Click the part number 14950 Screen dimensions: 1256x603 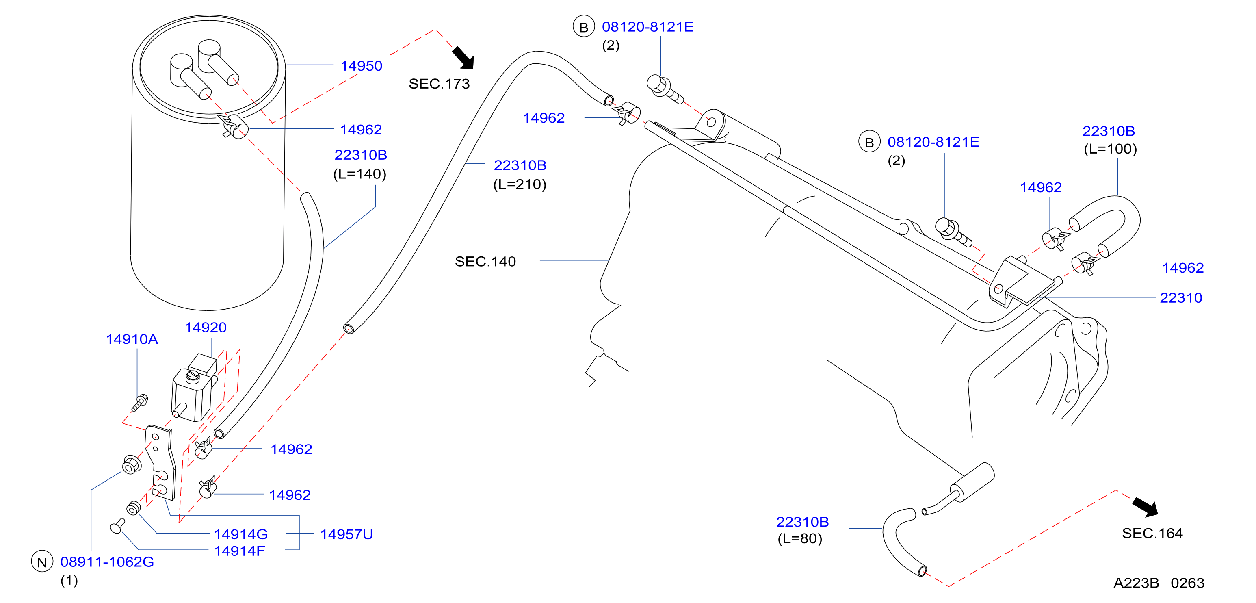(x=361, y=66)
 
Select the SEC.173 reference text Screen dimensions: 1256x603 (x=439, y=84)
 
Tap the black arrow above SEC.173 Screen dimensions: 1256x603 (x=463, y=58)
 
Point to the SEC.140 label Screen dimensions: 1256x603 (x=485, y=262)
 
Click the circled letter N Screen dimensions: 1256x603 (x=42, y=562)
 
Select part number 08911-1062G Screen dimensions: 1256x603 (x=107, y=562)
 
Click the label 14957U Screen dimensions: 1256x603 (x=346, y=534)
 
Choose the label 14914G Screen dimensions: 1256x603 (x=241, y=534)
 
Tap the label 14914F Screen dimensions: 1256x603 (x=239, y=551)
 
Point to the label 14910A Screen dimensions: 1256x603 (x=132, y=339)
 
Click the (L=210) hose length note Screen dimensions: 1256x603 (x=520, y=184)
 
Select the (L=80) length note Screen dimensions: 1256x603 (x=800, y=539)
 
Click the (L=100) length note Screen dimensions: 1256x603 (x=1110, y=149)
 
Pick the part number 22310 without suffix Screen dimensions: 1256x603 (x=1181, y=297)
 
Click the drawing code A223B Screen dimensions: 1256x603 (x=1136, y=583)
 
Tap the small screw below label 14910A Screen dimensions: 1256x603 (x=139, y=403)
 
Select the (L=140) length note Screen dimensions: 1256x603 (x=360, y=174)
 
